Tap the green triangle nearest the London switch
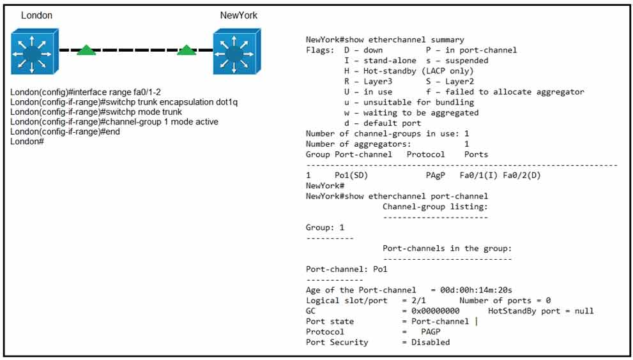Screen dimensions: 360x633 [x=86, y=50]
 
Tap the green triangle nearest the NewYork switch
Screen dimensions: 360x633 [x=187, y=50]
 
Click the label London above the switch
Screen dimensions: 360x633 [x=37, y=15]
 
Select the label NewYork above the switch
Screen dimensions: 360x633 [x=239, y=15]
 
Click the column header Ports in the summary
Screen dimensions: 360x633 [x=476, y=154]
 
